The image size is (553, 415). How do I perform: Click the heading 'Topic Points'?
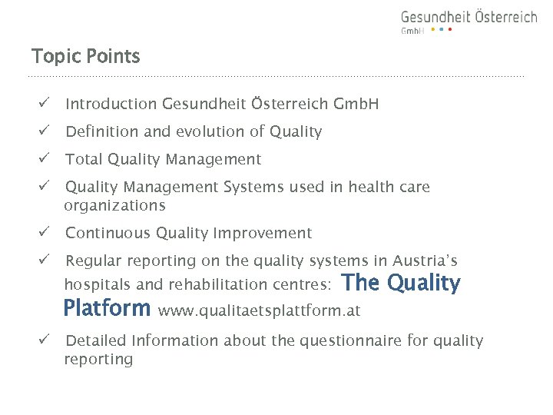(85, 56)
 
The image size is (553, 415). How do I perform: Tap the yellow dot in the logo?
(432, 30)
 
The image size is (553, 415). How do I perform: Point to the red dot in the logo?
(450, 30)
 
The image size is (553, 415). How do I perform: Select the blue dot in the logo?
(442, 30)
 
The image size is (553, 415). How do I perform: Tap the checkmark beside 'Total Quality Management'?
(45, 159)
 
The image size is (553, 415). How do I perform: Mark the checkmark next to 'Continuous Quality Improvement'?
(45, 233)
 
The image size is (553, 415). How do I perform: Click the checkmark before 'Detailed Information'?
(45, 340)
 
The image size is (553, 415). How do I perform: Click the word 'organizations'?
(114, 205)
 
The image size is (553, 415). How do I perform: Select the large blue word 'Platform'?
(108, 308)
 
